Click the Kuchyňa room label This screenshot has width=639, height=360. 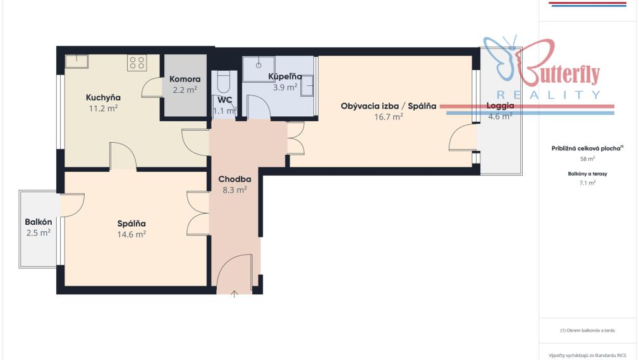(103, 98)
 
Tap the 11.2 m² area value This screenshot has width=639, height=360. (103, 109)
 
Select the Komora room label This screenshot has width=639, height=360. (185, 79)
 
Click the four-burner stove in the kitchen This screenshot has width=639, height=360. (137, 63)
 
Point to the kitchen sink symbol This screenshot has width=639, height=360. (76, 61)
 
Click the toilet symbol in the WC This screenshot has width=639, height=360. (224, 82)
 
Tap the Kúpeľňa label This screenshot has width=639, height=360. (285, 76)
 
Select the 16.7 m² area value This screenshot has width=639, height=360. (389, 117)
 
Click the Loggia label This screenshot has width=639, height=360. (500, 106)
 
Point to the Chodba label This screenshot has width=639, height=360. (234, 179)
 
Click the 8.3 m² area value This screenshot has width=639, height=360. (234, 189)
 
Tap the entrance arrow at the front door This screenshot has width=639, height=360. (234, 294)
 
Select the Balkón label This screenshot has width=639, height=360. (39, 222)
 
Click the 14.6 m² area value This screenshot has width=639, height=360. (131, 234)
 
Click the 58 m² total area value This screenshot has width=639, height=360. (587, 159)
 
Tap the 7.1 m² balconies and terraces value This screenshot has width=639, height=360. (587, 183)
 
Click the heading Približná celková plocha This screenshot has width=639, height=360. (586, 148)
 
